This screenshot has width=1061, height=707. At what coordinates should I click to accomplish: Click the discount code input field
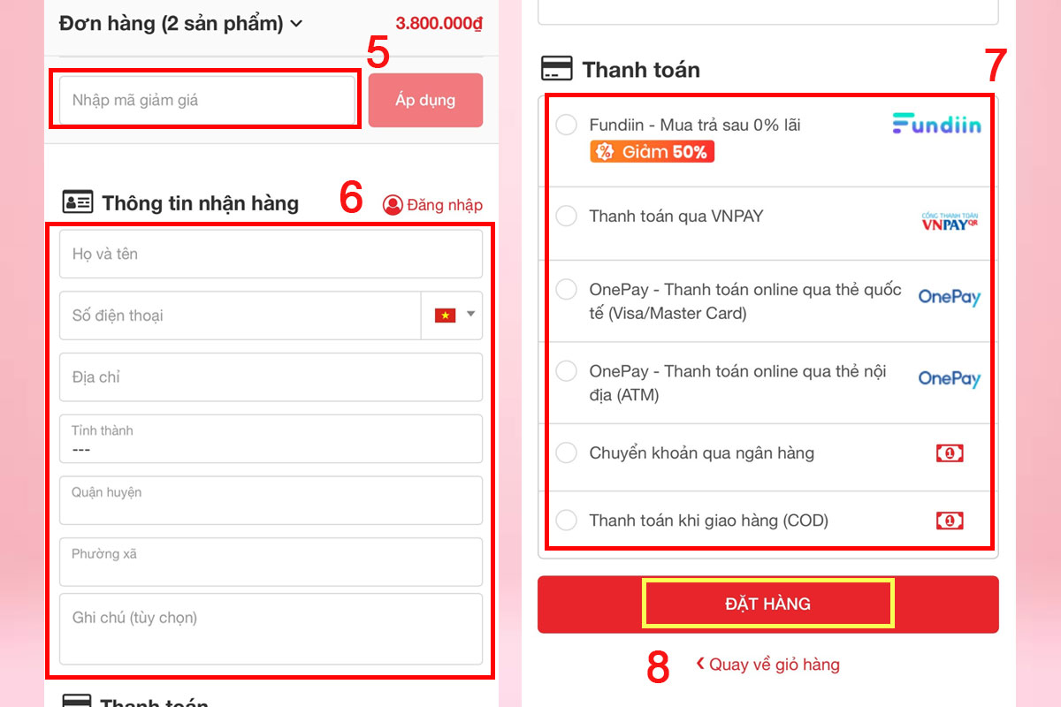(x=208, y=100)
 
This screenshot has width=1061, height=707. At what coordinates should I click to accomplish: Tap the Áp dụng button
(x=425, y=100)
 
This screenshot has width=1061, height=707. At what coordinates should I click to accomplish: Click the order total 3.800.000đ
(x=439, y=23)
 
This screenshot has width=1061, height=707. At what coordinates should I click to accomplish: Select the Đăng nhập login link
(x=432, y=205)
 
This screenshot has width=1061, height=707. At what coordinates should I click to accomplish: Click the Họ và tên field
(x=271, y=254)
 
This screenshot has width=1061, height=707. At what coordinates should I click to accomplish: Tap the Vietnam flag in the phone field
(x=446, y=315)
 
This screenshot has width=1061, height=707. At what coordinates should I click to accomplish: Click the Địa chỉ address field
(x=271, y=377)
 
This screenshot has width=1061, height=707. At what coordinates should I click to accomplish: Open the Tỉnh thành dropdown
(x=271, y=438)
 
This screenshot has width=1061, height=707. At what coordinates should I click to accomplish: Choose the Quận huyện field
(x=271, y=500)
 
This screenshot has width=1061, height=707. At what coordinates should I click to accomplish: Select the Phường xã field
(x=271, y=561)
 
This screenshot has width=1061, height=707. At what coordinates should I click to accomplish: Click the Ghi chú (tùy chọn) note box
(x=271, y=629)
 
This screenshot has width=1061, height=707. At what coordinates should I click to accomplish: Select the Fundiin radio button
(x=566, y=125)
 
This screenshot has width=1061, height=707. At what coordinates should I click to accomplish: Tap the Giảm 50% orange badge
(x=652, y=151)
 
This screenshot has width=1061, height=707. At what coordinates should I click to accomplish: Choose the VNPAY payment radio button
(x=566, y=216)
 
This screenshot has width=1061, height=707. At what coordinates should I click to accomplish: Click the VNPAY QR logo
(x=950, y=221)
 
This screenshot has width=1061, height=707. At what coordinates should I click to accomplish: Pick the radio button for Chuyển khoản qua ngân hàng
(x=566, y=452)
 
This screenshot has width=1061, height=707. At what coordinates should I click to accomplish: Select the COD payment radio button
(x=566, y=520)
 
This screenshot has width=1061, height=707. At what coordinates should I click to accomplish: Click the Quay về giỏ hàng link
(x=767, y=665)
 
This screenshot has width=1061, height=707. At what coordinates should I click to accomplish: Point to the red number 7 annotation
(x=995, y=65)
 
